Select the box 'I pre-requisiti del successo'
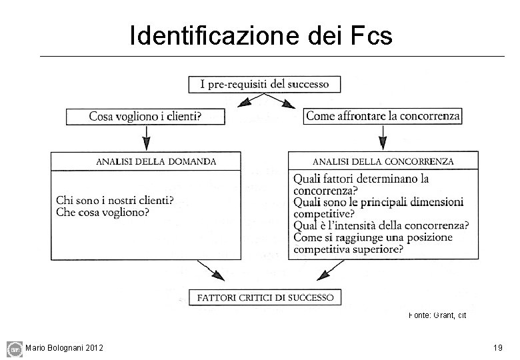pyautogui.click(x=265, y=84)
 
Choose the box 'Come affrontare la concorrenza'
pyautogui.click(x=383, y=116)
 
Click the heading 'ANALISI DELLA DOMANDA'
pyautogui.click(x=156, y=161)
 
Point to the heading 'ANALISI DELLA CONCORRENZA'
pyautogui.click(x=383, y=161)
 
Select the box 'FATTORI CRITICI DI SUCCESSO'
pyautogui.click(x=265, y=297)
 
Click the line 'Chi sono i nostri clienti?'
pyautogui.click(x=115, y=200)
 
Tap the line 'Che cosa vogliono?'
pyautogui.click(x=103, y=213)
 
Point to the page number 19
pyautogui.click(x=497, y=347)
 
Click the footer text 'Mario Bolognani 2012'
pyautogui.click(x=64, y=347)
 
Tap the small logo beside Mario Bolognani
pyautogui.click(x=14, y=348)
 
